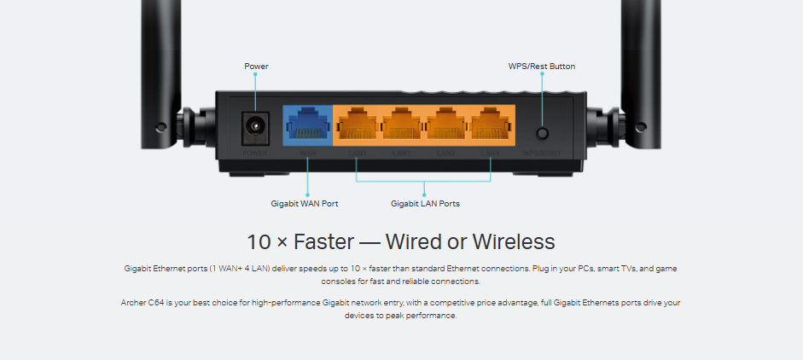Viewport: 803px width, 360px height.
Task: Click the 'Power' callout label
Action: [x=256, y=67]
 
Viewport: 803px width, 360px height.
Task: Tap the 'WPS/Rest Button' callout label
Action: [x=542, y=67]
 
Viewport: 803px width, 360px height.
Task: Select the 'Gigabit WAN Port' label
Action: [x=305, y=204]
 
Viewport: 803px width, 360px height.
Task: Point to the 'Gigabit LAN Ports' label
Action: [x=425, y=204]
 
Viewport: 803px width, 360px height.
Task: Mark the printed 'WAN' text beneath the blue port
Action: [x=307, y=154]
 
